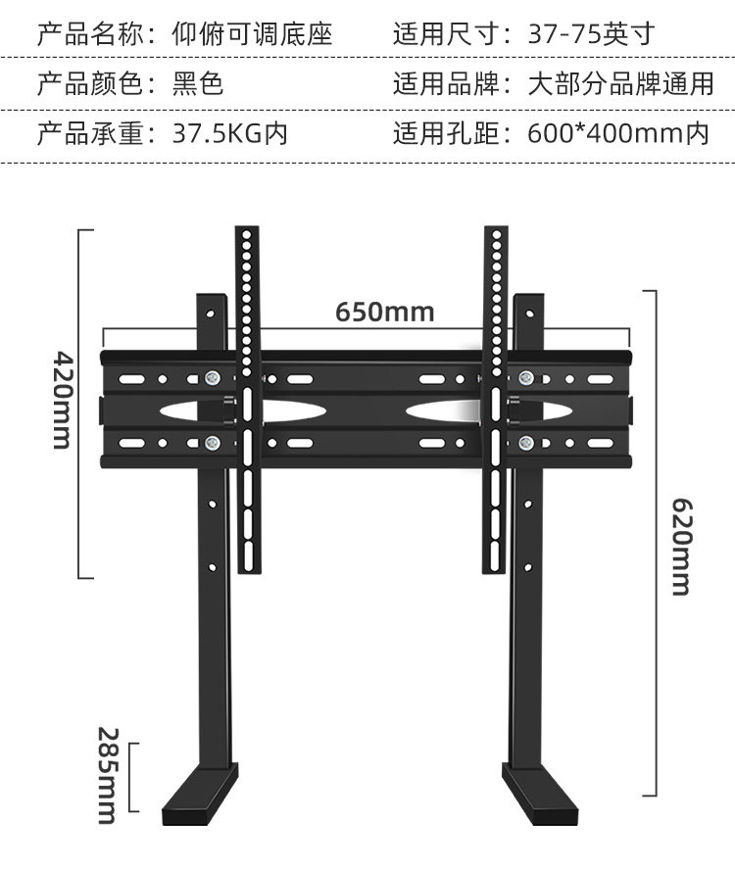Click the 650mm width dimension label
384,312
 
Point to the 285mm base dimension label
107,775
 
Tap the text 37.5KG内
230,133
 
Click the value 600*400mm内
618,133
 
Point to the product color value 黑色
199,84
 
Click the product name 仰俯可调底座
253,35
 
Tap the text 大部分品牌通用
621,84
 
